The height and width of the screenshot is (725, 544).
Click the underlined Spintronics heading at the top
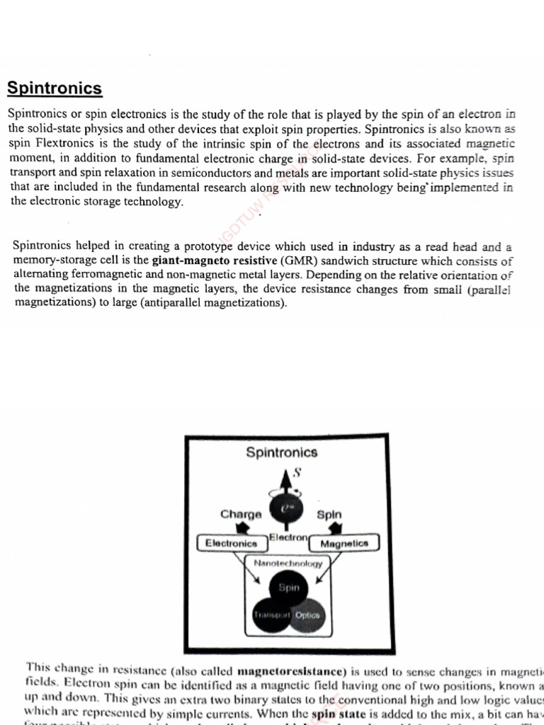pyautogui.click(x=55, y=89)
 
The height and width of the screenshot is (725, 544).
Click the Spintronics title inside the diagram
pyautogui.click(x=281, y=452)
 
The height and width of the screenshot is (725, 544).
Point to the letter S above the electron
pyautogui.click(x=297, y=473)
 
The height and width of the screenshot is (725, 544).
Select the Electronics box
pyautogui.click(x=230, y=543)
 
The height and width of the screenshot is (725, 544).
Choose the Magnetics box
pyautogui.click(x=344, y=544)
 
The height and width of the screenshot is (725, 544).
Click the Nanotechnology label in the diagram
pyautogui.click(x=288, y=564)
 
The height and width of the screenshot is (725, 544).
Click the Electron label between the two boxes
pyautogui.click(x=288, y=538)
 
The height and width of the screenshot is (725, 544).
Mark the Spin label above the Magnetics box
pyautogui.click(x=329, y=515)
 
